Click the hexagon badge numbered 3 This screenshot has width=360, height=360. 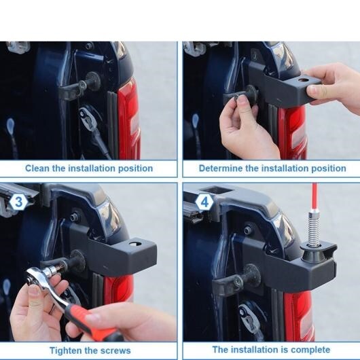pyautogui.click(x=18, y=202)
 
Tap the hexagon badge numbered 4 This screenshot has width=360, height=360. pyautogui.click(x=204, y=202)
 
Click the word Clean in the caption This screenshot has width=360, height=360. pyautogui.click(x=37, y=168)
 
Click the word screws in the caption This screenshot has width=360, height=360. pyautogui.click(x=115, y=351)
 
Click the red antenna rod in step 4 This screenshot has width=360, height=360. pyautogui.click(x=314, y=198)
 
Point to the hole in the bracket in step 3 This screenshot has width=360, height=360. pyautogui.click(x=135, y=244)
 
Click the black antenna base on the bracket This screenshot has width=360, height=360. pyautogui.click(x=310, y=254)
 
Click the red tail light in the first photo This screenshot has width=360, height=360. pyautogui.click(x=129, y=120)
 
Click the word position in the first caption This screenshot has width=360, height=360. pyautogui.click(x=135, y=168)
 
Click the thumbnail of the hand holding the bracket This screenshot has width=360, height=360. pyautogui.click(x=272, y=101)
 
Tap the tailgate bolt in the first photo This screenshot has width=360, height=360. pyautogui.click(x=88, y=46)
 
